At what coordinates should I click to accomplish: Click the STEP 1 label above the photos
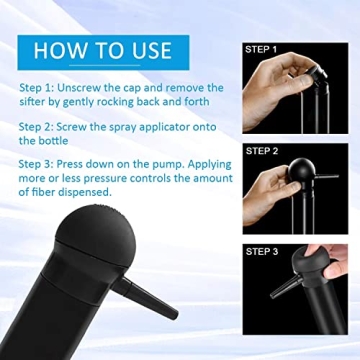coord(260,48)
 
